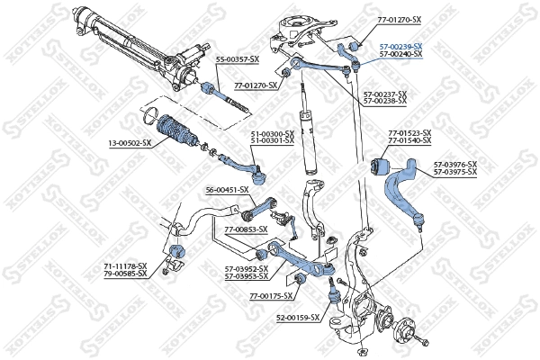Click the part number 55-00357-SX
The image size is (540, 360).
point(237,58)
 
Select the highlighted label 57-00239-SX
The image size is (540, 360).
point(400,46)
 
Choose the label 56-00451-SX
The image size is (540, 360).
point(228,190)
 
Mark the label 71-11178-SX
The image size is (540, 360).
point(125,266)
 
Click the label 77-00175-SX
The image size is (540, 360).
point(272,295)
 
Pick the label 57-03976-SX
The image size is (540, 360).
point(454,164)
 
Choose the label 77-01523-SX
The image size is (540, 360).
point(409,133)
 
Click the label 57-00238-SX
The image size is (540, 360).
point(384,101)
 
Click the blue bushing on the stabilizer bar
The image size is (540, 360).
point(176,249)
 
